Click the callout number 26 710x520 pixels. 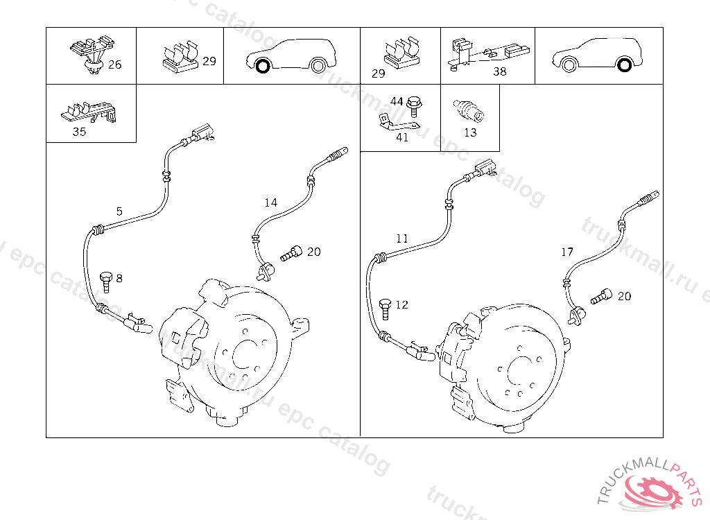click(x=114, y=64)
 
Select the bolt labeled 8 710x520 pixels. click(x=105, y=281)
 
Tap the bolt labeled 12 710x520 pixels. click(x=385, y=309)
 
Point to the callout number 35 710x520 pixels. click(x=79, y=132)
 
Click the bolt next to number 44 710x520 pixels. click(x=414, y=107)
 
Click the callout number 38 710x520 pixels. click(x=500, y=71)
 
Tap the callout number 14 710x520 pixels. click(x=271, y=202)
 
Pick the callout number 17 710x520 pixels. click(x=567, y=252)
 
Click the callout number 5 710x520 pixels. click(x=119, y=211)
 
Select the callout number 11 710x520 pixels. click(x=401, y=239)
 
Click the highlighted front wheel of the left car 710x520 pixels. click(x=263, y=66)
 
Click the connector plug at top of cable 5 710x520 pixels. click(x=202, y=132)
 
